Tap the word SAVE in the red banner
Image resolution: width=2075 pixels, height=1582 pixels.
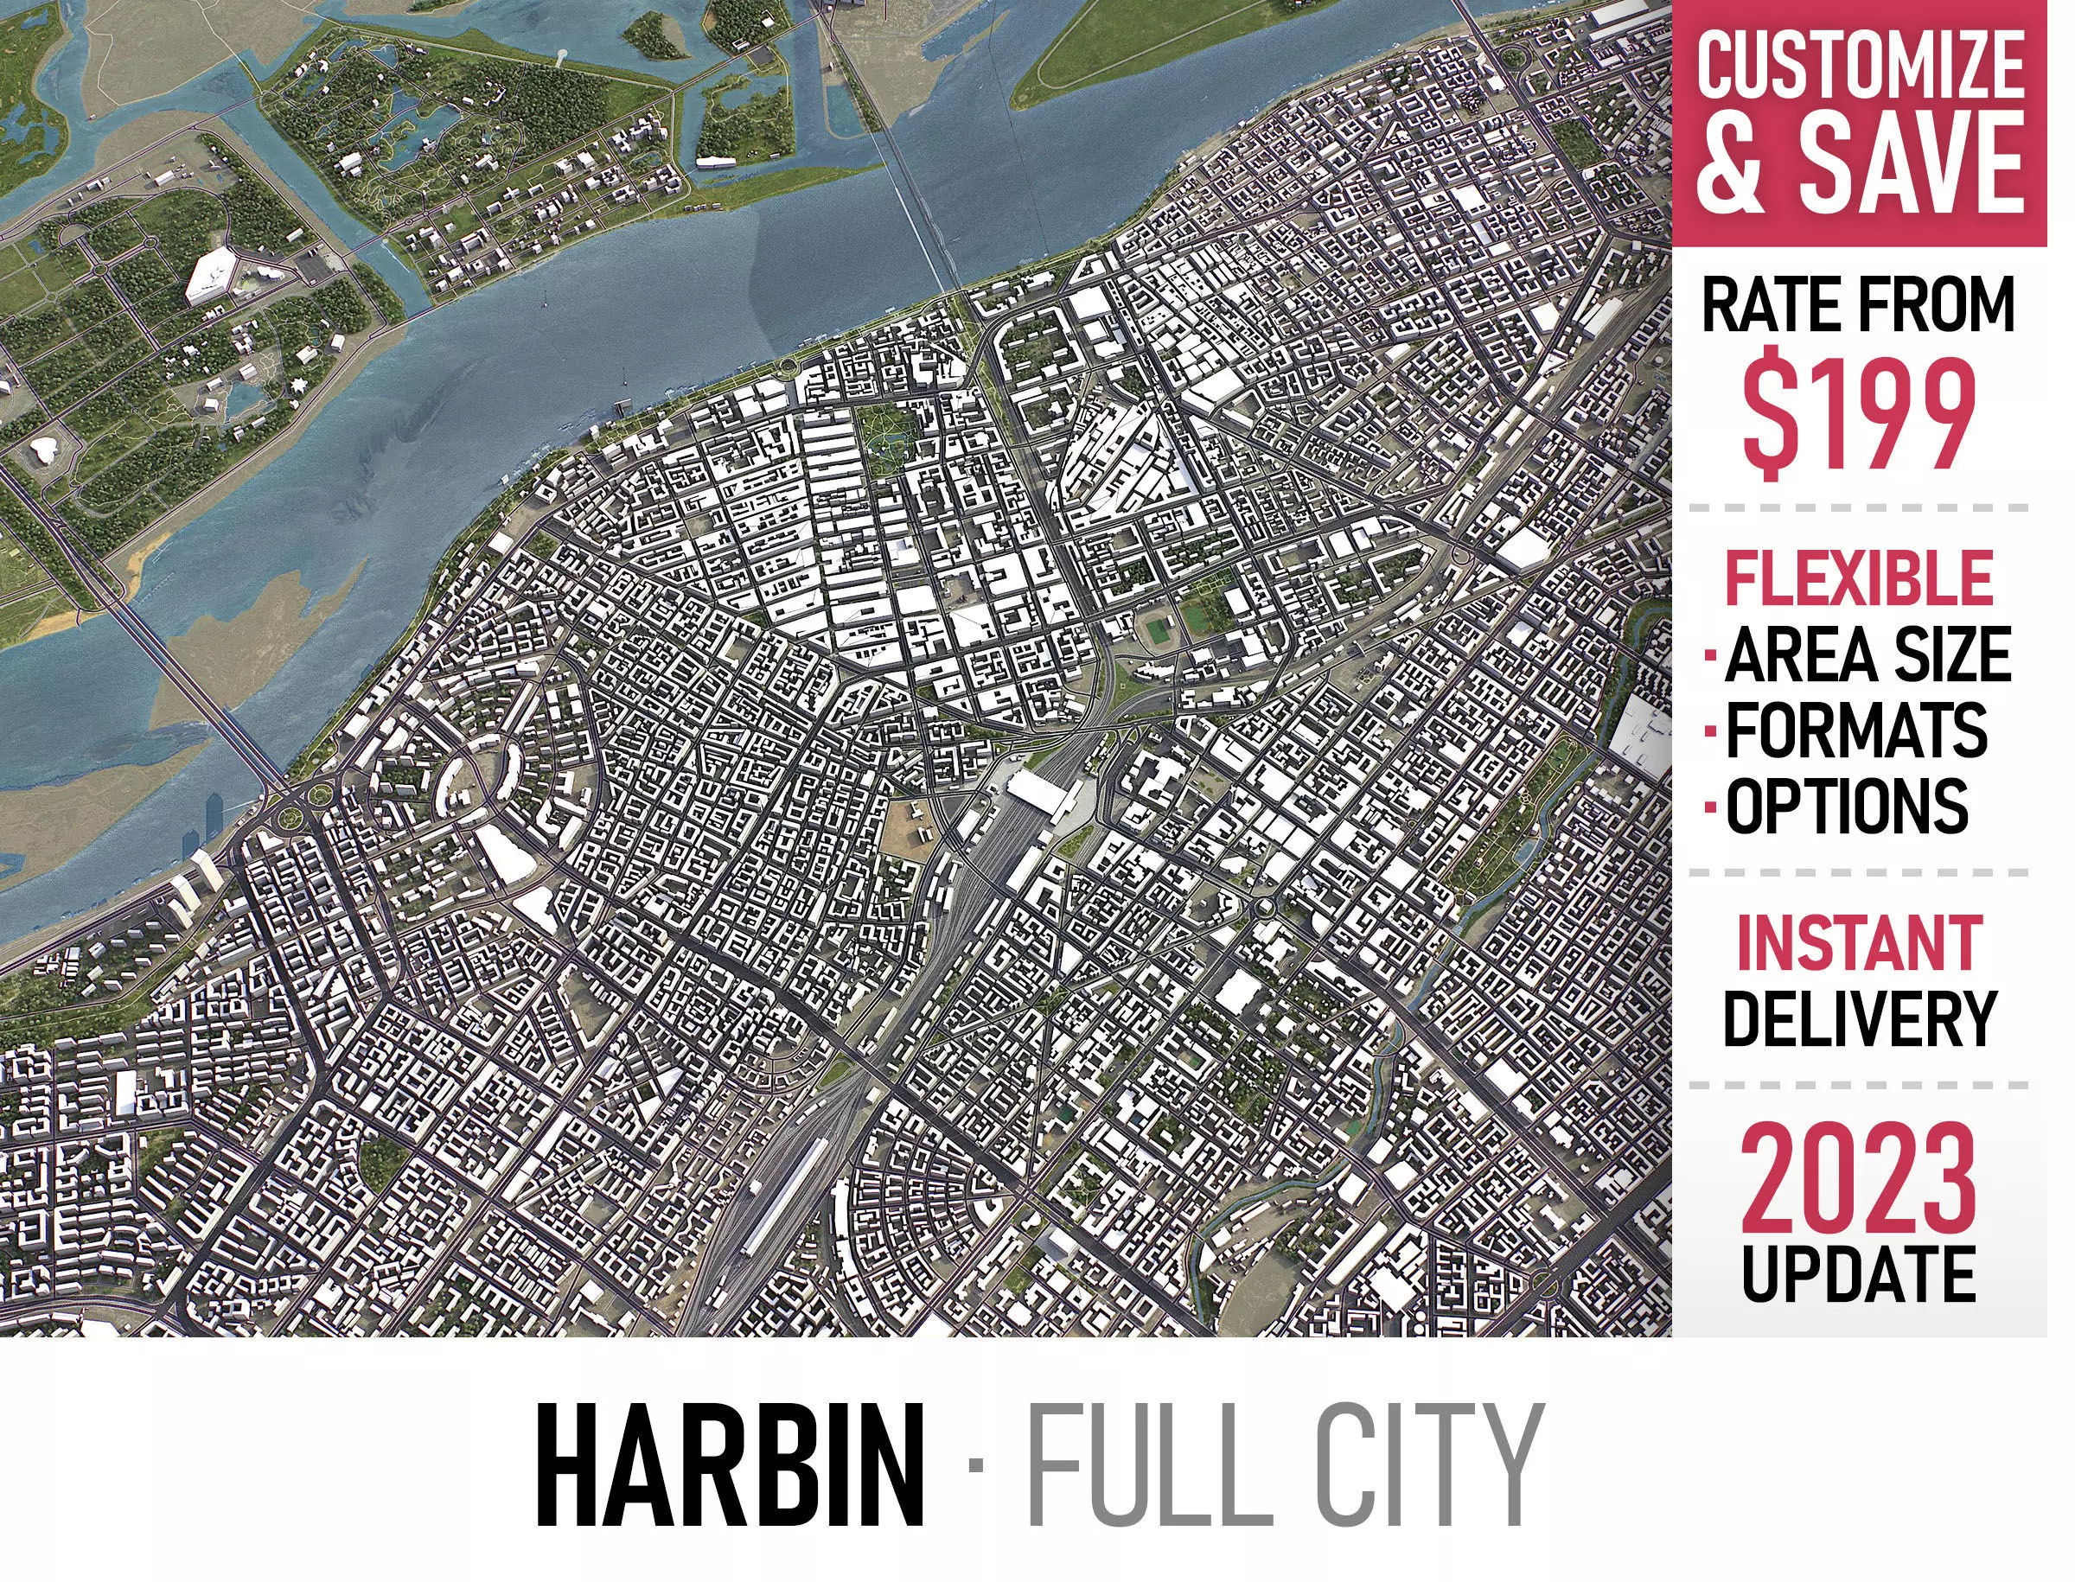click(x=1913, y=162)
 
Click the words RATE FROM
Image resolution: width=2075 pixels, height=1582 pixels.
click(x=1858, y=305)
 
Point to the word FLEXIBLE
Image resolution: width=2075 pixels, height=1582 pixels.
click(x=1858, y=578)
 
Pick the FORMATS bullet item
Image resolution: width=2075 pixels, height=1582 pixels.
click(x=1855, y=730)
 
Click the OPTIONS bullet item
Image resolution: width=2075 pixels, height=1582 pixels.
click(x=1846, y=805)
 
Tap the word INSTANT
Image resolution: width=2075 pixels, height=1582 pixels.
click(x=1858, y=942)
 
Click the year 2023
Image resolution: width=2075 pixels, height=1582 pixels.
click(x=1858, y=1179)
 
